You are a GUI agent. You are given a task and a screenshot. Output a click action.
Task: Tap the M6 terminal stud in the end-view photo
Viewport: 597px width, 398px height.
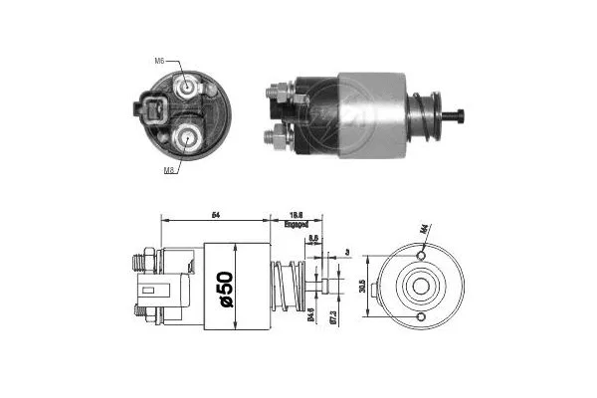(x=188, y=87)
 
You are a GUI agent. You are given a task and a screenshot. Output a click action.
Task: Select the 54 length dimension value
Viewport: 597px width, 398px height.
(x=216, y=214)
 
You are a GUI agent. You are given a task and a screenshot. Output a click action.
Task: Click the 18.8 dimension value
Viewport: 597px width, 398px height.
(x=297, y=214)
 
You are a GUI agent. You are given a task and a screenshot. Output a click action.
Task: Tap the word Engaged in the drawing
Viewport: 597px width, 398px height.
(x=297, y=226)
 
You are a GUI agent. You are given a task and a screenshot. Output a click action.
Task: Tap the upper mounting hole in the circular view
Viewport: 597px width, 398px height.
(x=422, y=256)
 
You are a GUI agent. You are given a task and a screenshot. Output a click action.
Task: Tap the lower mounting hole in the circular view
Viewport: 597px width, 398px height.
(x=422, y=317)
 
